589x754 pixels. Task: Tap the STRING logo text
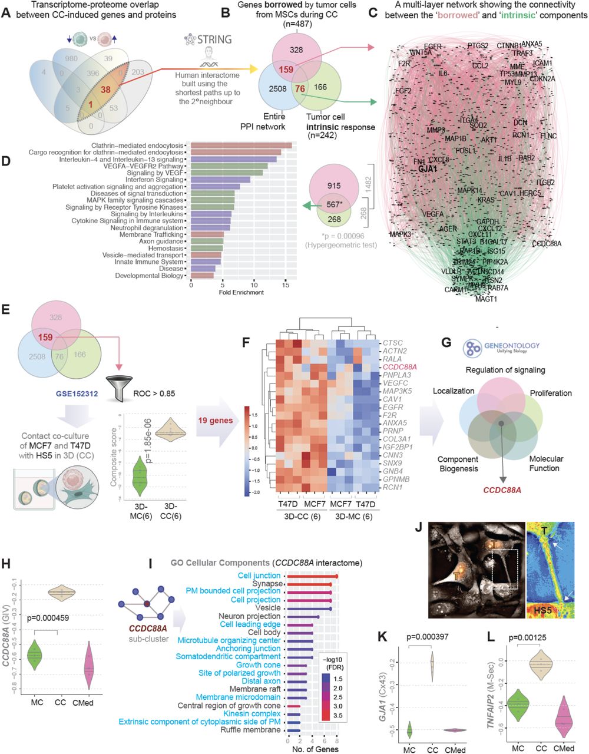pos(216,40)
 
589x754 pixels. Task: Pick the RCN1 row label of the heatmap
pos(392,487)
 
